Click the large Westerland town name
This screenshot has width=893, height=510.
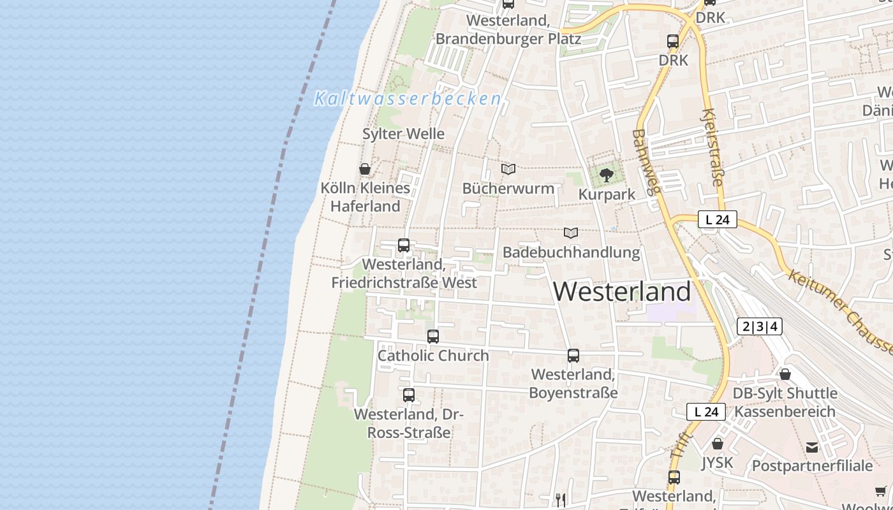(622, 292)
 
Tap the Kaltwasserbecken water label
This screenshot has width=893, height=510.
(408, 99)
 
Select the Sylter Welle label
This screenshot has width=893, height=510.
(403, 134)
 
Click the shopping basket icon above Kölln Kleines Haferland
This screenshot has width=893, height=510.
(365, 169)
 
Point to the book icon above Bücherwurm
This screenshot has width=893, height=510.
(508, 169)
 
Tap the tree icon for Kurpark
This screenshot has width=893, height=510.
(607, 174)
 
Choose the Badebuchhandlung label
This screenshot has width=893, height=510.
(571, 252)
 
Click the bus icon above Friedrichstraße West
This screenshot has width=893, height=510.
(404, 245)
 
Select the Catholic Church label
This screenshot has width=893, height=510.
(433, 356)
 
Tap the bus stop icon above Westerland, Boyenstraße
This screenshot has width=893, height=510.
(573, 356)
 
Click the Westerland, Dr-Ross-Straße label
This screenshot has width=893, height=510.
(409, 423)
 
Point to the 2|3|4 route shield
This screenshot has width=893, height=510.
(759, 327)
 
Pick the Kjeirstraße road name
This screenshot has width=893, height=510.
(712, 147)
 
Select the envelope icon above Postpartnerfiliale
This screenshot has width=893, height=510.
(812, 448)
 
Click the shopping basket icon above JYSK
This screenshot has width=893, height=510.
(718, 444)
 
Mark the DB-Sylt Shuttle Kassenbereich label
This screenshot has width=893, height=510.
(785, 402)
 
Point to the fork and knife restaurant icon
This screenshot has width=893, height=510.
(560, 500)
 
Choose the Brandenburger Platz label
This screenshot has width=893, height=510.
(508, 30)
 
